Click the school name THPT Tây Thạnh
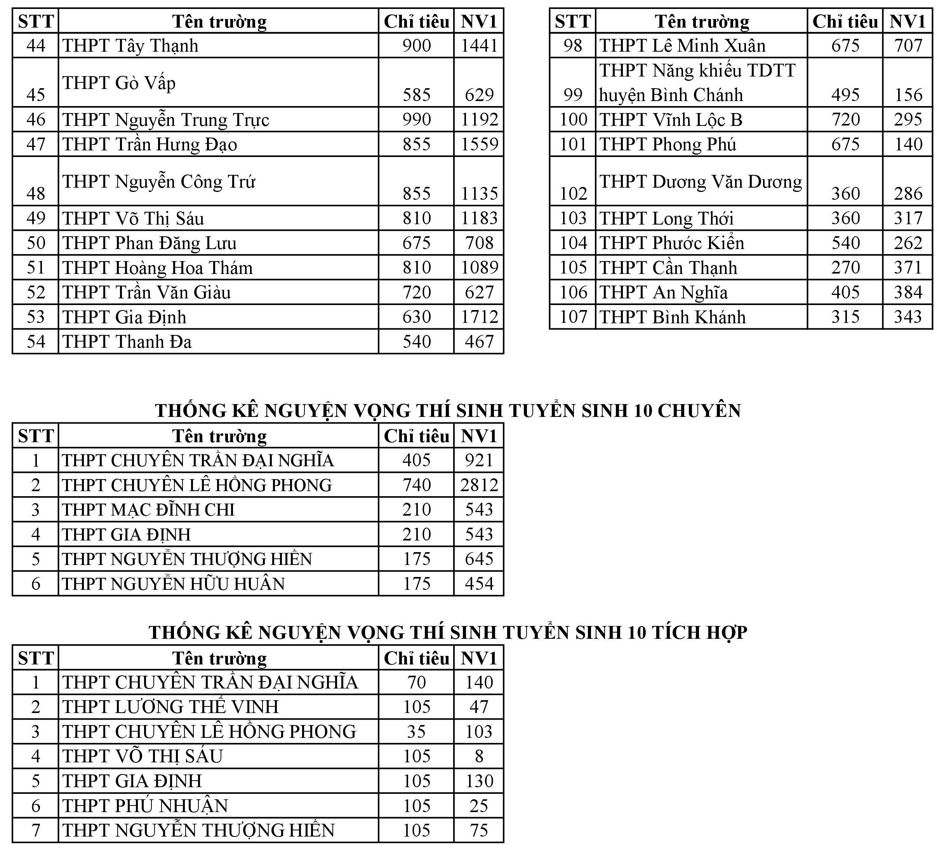[130, 45]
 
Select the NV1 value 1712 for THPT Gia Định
[479, 317]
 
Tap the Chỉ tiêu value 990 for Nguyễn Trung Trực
[416, 120]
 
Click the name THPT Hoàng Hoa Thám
[158, 268]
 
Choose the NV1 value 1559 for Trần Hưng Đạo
[479, 144]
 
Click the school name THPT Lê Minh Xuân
[682, 45]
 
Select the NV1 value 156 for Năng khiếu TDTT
[908, 95]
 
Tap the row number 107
[573, 317]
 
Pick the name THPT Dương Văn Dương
[701, 181]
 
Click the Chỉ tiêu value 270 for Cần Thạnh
[845, 268]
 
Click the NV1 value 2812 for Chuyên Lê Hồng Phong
[479, 485]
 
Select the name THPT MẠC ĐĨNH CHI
[148, 509]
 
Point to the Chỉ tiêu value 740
[416, 485]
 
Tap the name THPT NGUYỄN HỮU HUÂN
[173, 584]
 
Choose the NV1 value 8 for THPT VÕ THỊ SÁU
[479, 757]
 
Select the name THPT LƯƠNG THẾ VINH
[170, 707]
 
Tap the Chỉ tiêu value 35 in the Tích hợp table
[416, 732]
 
